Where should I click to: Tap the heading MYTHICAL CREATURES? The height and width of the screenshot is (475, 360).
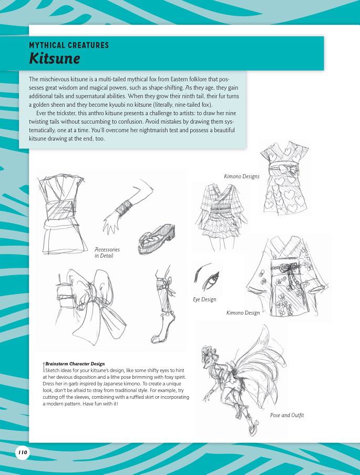[x=69, y=45]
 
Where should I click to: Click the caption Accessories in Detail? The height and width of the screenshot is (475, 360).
[x=107, y=252]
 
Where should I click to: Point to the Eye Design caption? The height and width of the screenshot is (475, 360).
[x=204, y=299]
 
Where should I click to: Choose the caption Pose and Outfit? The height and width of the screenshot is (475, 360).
[x=287, y=415]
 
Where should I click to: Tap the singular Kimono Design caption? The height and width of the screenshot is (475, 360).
[x=243, y=313]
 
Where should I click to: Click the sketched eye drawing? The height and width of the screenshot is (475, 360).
[x=206, y=278]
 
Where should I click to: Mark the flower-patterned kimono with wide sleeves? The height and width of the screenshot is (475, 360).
[x=282, y=276]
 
